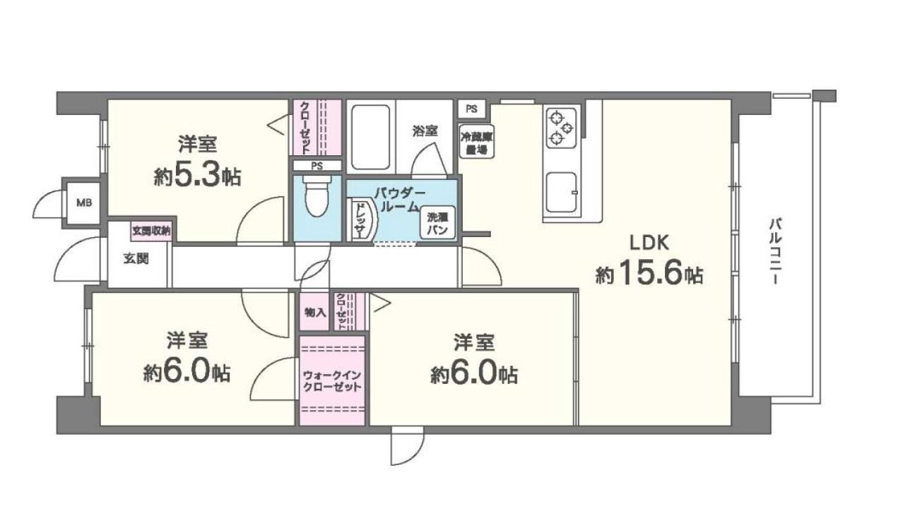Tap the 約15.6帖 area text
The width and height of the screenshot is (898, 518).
[x=649, y=275]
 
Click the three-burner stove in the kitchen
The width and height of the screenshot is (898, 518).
[x=561, y=126]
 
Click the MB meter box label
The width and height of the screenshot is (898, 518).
[x=83, y=203]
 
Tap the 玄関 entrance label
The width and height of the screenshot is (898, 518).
[x=136, y=258]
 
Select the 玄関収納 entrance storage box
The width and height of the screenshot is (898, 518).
[x=150, y=231]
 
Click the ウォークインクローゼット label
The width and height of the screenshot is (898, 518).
[x=331, y=382]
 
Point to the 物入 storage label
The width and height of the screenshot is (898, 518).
[x=314, y=311]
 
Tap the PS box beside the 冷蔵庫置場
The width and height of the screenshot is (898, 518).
[x=471, y=109]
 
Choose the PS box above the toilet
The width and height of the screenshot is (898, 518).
[x=317, y=166]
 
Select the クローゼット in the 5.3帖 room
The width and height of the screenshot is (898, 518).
[x=317, y=128]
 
